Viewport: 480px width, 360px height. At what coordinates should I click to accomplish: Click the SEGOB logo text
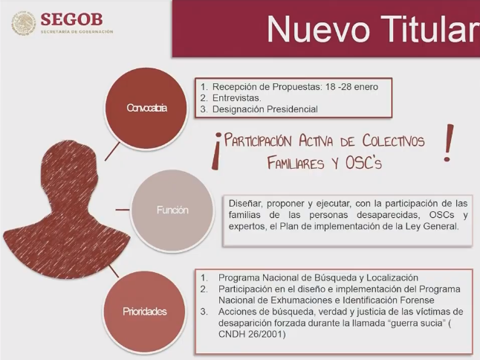tap(71, 19)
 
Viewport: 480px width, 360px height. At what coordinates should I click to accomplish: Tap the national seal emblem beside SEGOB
tap(25, 23)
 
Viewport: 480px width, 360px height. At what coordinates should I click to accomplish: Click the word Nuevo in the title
tap(318, 30)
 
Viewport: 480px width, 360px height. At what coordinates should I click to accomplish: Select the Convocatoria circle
tap(146, 108)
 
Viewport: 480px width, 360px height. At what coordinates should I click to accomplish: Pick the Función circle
tap(172, 210)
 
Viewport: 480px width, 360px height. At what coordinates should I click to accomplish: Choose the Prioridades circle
tap(144, 312)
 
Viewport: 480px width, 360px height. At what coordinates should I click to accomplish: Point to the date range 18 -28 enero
tap(351, 87)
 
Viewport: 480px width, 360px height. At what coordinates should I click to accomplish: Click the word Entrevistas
tap(236, 98)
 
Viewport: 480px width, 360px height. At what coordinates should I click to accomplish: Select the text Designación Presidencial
tap(265, 109)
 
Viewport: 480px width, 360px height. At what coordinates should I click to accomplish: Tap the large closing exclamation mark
tap(448, 143)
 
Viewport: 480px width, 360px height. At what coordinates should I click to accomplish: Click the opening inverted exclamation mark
tap(216, 151)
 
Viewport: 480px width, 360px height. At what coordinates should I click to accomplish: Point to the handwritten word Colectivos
tap(394, 141)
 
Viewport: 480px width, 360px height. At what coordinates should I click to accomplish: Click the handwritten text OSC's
tap(364, 163)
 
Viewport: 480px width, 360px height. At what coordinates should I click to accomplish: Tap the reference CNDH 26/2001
tap(252, 334)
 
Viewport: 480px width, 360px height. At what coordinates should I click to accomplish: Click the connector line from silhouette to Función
tap(123, 210)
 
